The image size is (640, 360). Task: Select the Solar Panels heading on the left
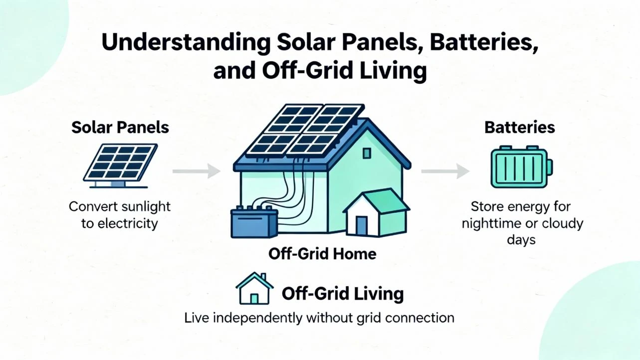click(120, 127)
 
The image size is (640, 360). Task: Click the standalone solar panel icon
click(121, 164)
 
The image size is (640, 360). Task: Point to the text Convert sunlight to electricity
click(120, 215)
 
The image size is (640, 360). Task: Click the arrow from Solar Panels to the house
click(196, 172)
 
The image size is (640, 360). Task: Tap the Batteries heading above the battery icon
click(520, 127)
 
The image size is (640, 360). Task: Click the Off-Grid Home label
click(322, 254)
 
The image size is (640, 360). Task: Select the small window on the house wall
click(367, 153)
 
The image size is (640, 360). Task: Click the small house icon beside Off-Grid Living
click(254, 289)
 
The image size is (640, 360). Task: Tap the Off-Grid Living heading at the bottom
click(343, 294)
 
